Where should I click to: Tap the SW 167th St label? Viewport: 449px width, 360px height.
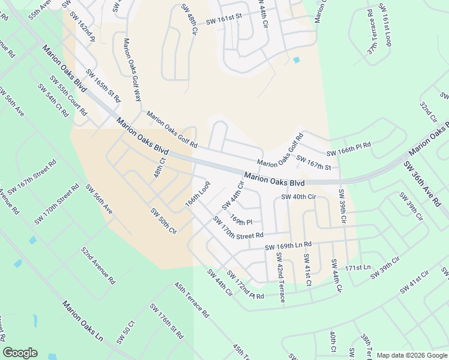click(x=314, y=163)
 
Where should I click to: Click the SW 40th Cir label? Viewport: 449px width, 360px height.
click(x=298, y=197)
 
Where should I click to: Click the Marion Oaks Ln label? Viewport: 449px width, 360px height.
click(x=83, y=320)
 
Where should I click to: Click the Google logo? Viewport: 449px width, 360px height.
click(x=20, y=352)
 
